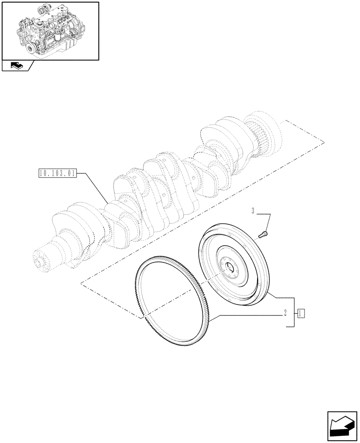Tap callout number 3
click(x=254, y=211)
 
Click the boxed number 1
click(x=301, y=313)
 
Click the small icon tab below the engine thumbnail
click(x=17, y=66)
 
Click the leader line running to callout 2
click(x=248, y=315)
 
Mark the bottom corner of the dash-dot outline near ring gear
click(x=143, y=318)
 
